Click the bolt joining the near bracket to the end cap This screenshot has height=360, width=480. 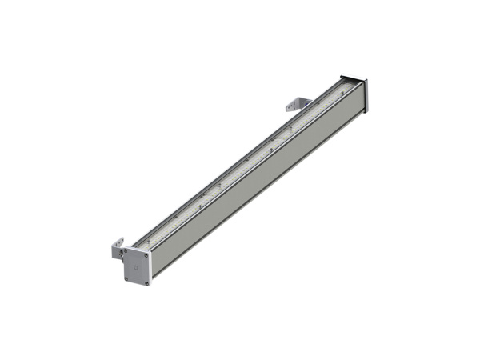tap(122, 254)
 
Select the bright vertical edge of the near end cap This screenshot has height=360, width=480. tap(152, 268)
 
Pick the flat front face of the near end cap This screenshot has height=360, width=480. tap(137, 272)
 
